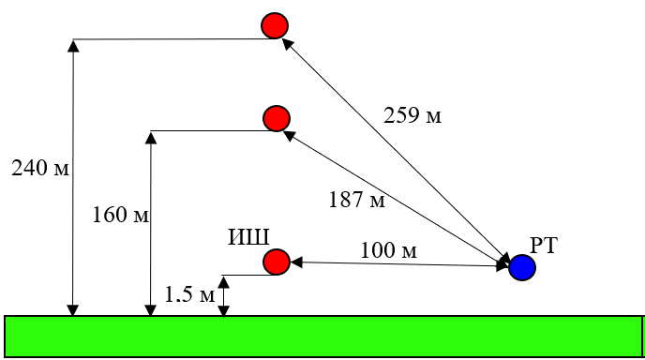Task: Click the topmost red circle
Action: (x=275, y=25)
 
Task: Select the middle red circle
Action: (x=277, y=118)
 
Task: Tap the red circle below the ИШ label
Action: (x=277, y=262)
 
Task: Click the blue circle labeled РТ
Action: (x=522, y=267)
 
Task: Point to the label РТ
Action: (x=544, y=246)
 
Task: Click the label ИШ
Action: (x=248, y=237)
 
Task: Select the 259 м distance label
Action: (x=412, y=115)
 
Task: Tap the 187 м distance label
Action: (x=357, y=200)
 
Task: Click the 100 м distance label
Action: (x=389, y=249)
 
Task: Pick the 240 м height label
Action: (x=40, y=168)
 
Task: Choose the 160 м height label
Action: (x=120, y=215)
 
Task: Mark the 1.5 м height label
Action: (x=189, y=294)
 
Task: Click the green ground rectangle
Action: (x=324, y=337)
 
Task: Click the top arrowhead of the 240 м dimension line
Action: (x=73, y=45)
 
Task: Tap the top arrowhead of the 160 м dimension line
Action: (x=151, y=138)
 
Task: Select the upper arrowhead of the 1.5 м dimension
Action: (x=223, y=282)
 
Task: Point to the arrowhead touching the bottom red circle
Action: (x=296, y=262)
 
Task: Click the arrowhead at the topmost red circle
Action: (x=288, y=44)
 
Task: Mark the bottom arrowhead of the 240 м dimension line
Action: (x=73, y=310)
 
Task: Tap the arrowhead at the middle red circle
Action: (x=290, y=135)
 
